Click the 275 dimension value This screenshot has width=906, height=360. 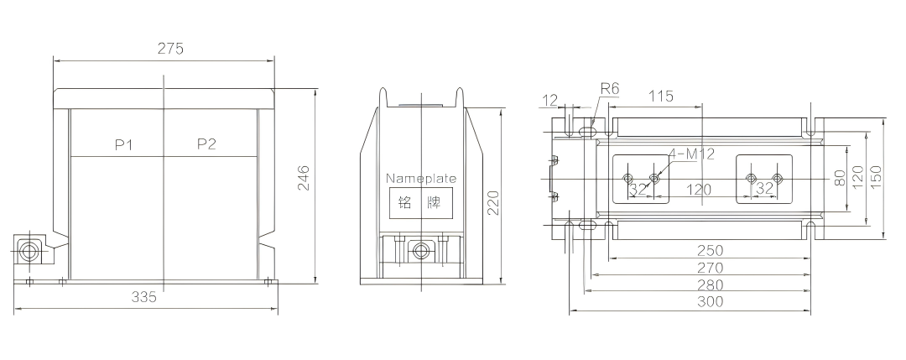pos(170,49)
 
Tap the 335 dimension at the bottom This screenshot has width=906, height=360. pos(144,297)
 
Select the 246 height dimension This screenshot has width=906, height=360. pos(303,178)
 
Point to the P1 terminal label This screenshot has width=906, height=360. pos(123,144)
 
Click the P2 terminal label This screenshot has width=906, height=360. pos(206,143)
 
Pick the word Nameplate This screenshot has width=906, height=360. pos(420,178)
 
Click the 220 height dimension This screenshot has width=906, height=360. pos(493,202)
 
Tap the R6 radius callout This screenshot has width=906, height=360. pos(610,88)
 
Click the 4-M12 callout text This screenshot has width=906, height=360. pos(691,154)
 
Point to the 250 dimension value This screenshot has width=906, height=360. pos(711,250)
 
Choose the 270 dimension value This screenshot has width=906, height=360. pos(711,268)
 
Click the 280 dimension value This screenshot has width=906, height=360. pos(711,284)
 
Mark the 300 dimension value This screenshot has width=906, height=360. pos(711,301)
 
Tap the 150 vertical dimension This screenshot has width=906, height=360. pos(875,177)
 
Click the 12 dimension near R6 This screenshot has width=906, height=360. pos(550,101)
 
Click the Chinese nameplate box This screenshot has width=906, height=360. pos(420,203)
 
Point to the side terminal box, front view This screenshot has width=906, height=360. pos(29,252)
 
